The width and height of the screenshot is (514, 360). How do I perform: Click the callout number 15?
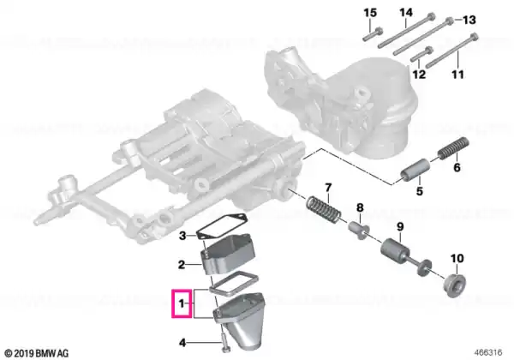[x=370, y=14]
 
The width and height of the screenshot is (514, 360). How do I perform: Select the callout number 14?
[x=405, y=13]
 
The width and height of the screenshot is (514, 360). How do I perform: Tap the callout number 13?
[x=469, y=20]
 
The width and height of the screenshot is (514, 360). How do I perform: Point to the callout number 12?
[x=419, y=75]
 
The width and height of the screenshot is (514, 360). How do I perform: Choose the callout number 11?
[x=457, y=75]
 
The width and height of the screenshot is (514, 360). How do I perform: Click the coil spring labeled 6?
[x=454, y=148]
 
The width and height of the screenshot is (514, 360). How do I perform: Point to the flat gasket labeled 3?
[x=221, y=227]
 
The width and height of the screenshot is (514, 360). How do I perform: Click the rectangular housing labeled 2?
[x=228, y=253]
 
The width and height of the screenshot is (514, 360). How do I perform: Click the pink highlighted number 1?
[x=182, y=303]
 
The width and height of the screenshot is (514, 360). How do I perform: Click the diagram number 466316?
[x=487, y=352]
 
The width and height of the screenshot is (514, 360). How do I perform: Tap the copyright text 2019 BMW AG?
[x=37, y=353]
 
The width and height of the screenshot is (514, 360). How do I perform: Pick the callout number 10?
[x=457, y=259]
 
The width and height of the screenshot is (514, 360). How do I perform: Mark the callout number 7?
[x=328, y=188]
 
